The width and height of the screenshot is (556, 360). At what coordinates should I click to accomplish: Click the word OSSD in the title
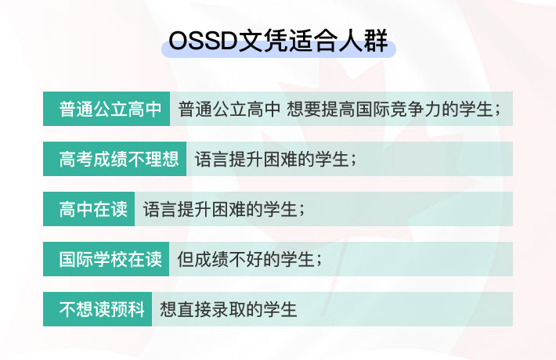(203, 41)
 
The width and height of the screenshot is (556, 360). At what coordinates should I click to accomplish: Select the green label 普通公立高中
(107, 109)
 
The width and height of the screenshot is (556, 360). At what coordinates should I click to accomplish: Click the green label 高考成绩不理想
(114, 159)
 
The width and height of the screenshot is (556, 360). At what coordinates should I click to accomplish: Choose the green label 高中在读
(88, 209)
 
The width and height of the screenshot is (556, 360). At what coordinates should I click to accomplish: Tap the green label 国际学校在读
(106, 259)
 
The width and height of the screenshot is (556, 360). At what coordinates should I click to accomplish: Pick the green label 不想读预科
(98, 309)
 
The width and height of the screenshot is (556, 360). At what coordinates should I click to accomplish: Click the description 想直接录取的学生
(229, 310)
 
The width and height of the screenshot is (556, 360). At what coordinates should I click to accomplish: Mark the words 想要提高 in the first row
(320, 109)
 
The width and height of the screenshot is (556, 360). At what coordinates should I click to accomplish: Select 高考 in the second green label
(76, 159)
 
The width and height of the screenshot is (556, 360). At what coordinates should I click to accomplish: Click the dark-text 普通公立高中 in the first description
(229, 109)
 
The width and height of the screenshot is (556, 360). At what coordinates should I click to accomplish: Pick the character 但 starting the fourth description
(186, 259)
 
